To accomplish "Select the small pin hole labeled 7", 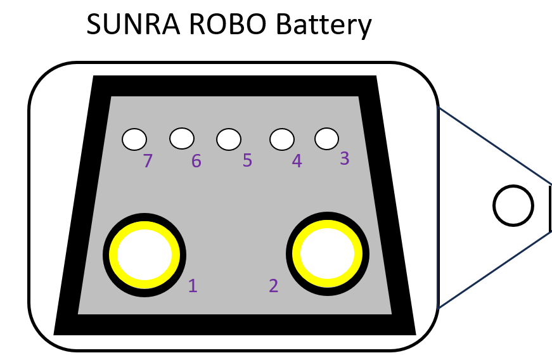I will tap(134, 139).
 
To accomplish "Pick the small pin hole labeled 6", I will tap(182, 137).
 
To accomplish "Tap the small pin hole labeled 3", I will tap(326, 138).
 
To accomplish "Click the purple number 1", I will tap(193, 286).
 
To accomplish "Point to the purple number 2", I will tap(274, 286).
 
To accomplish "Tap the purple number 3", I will tap(345, 158).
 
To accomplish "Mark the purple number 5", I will tap(247, 161).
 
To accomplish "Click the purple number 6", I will tap(196, 162).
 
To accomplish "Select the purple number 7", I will tap(148, 162).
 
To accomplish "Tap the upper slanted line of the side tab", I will tap(494, 146).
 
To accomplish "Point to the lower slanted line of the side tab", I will tap(494, 269).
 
